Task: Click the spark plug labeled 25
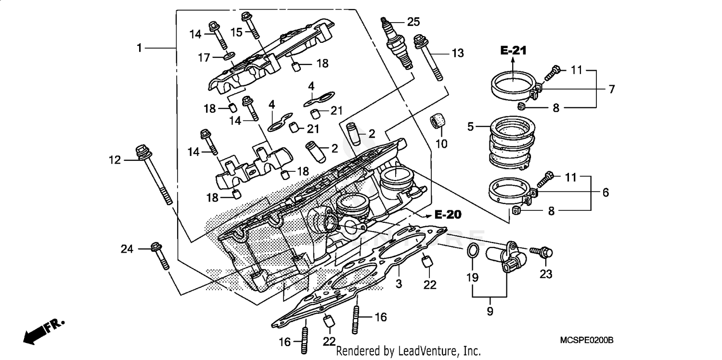(x=399, y=45)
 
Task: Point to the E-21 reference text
(x=513, y=51)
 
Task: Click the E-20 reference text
(x=447, y=215)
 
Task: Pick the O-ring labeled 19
(x=473, y=251)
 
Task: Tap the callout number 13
(x=458, y=53)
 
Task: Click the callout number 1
(x=139, y=48)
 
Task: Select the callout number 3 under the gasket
(x=399, y=284)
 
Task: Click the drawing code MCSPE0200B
(x=587, y=340)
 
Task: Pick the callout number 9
(x=490, y=311)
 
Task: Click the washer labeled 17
(x=229, y=58)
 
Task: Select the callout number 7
(x=611, y=89)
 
